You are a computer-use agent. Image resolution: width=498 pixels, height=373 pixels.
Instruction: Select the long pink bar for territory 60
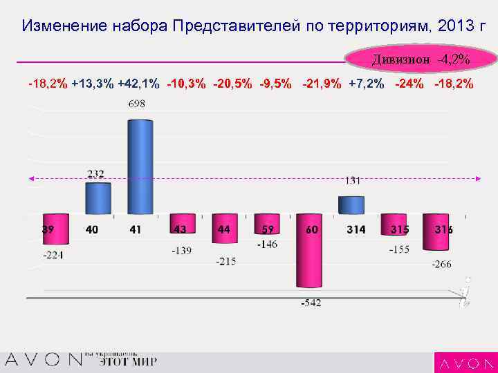pos(310,256)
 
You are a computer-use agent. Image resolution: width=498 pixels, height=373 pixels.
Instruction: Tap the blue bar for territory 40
pos(98,198)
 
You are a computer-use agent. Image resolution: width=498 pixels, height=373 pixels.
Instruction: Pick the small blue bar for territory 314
pos(351,205)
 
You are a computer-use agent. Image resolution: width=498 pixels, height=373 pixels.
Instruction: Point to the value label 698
pos(137,104)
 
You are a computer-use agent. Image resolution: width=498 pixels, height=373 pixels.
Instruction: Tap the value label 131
pos(353,180)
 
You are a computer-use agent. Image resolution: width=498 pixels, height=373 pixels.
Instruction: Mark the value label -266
pos(443,263)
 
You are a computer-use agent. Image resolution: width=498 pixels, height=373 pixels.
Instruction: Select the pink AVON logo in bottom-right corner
pos(465,363)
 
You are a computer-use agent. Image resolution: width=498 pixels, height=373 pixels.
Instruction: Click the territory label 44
pos(223,229)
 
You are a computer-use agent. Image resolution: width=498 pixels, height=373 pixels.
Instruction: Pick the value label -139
pos(182,251)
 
